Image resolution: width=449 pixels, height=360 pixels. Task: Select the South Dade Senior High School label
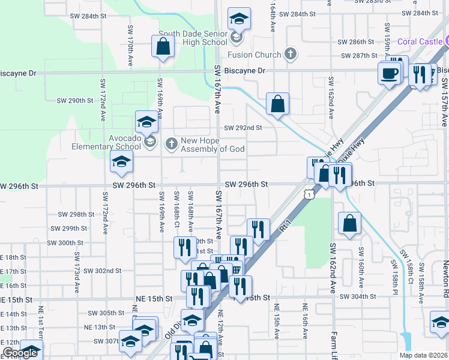coord(193,38)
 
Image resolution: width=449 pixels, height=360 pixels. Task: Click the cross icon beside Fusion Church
coord(291,55)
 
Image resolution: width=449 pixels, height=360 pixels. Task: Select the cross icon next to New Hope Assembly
coord(172,143)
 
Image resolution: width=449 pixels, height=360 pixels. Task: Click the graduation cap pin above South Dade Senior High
coord(239,19)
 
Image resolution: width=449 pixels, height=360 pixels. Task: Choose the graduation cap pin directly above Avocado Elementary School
coord(146,122)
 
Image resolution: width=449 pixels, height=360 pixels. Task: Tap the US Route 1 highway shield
coord(308,194)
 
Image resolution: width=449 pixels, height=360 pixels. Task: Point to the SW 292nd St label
coord(243,128)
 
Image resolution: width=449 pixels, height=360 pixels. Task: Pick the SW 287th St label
coord(358,56)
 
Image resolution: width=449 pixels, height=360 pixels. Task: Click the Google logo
coord(20,353)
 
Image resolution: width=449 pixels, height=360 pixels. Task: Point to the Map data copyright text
coord(424,355)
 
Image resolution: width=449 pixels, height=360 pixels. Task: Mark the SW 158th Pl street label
coord(395,274)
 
